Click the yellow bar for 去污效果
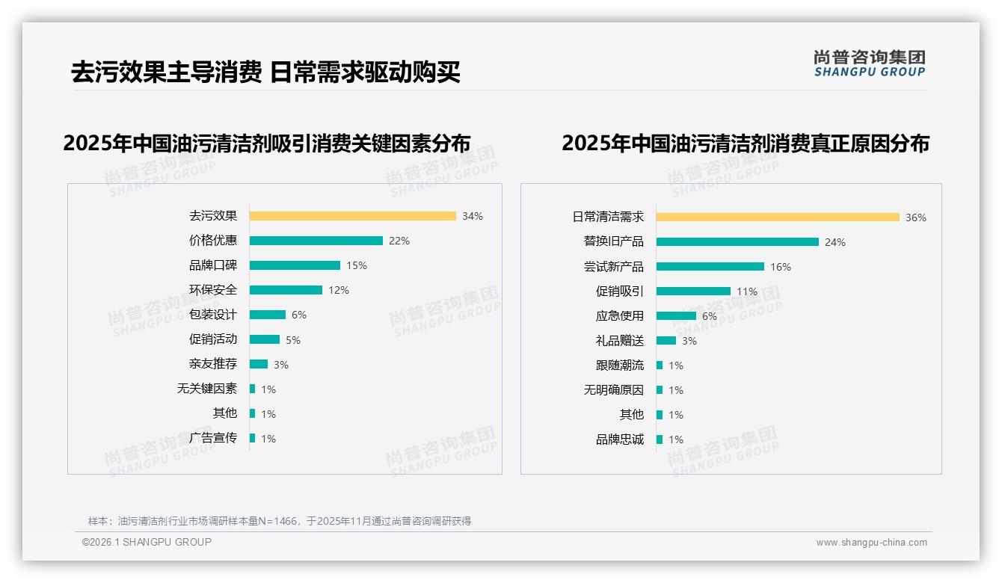(x=352, y=216)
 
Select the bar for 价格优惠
(x=316, y=241)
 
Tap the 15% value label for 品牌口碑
(x=357, y=265)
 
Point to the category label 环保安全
(x=213, y=290)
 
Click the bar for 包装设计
(x=267, y=315)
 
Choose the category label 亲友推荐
(x=213, y=364)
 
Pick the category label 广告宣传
(x=213, y=438)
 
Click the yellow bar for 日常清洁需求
(x=778, y=218)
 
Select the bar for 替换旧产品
(x=737, y=242)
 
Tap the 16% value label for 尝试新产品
(x=781, y=267)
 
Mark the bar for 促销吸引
(x=693, y=291)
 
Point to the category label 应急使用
(x=620, y=316)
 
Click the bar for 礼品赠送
(x=666, y=341)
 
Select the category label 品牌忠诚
(x=620, y=439)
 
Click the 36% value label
(x=916, y=218)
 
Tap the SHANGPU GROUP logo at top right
(x=870, y=64)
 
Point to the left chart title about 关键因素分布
(x=267, y=143)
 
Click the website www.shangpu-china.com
(x=871, y=543)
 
